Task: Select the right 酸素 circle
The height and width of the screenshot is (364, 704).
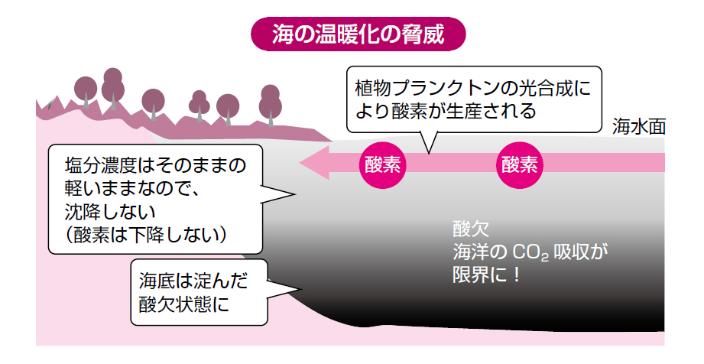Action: point(520,164)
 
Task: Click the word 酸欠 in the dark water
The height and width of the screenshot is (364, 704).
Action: point(466,229)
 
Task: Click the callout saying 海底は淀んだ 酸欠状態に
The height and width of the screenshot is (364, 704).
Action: point(199,291)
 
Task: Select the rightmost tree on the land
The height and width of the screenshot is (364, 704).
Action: point(270,101)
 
